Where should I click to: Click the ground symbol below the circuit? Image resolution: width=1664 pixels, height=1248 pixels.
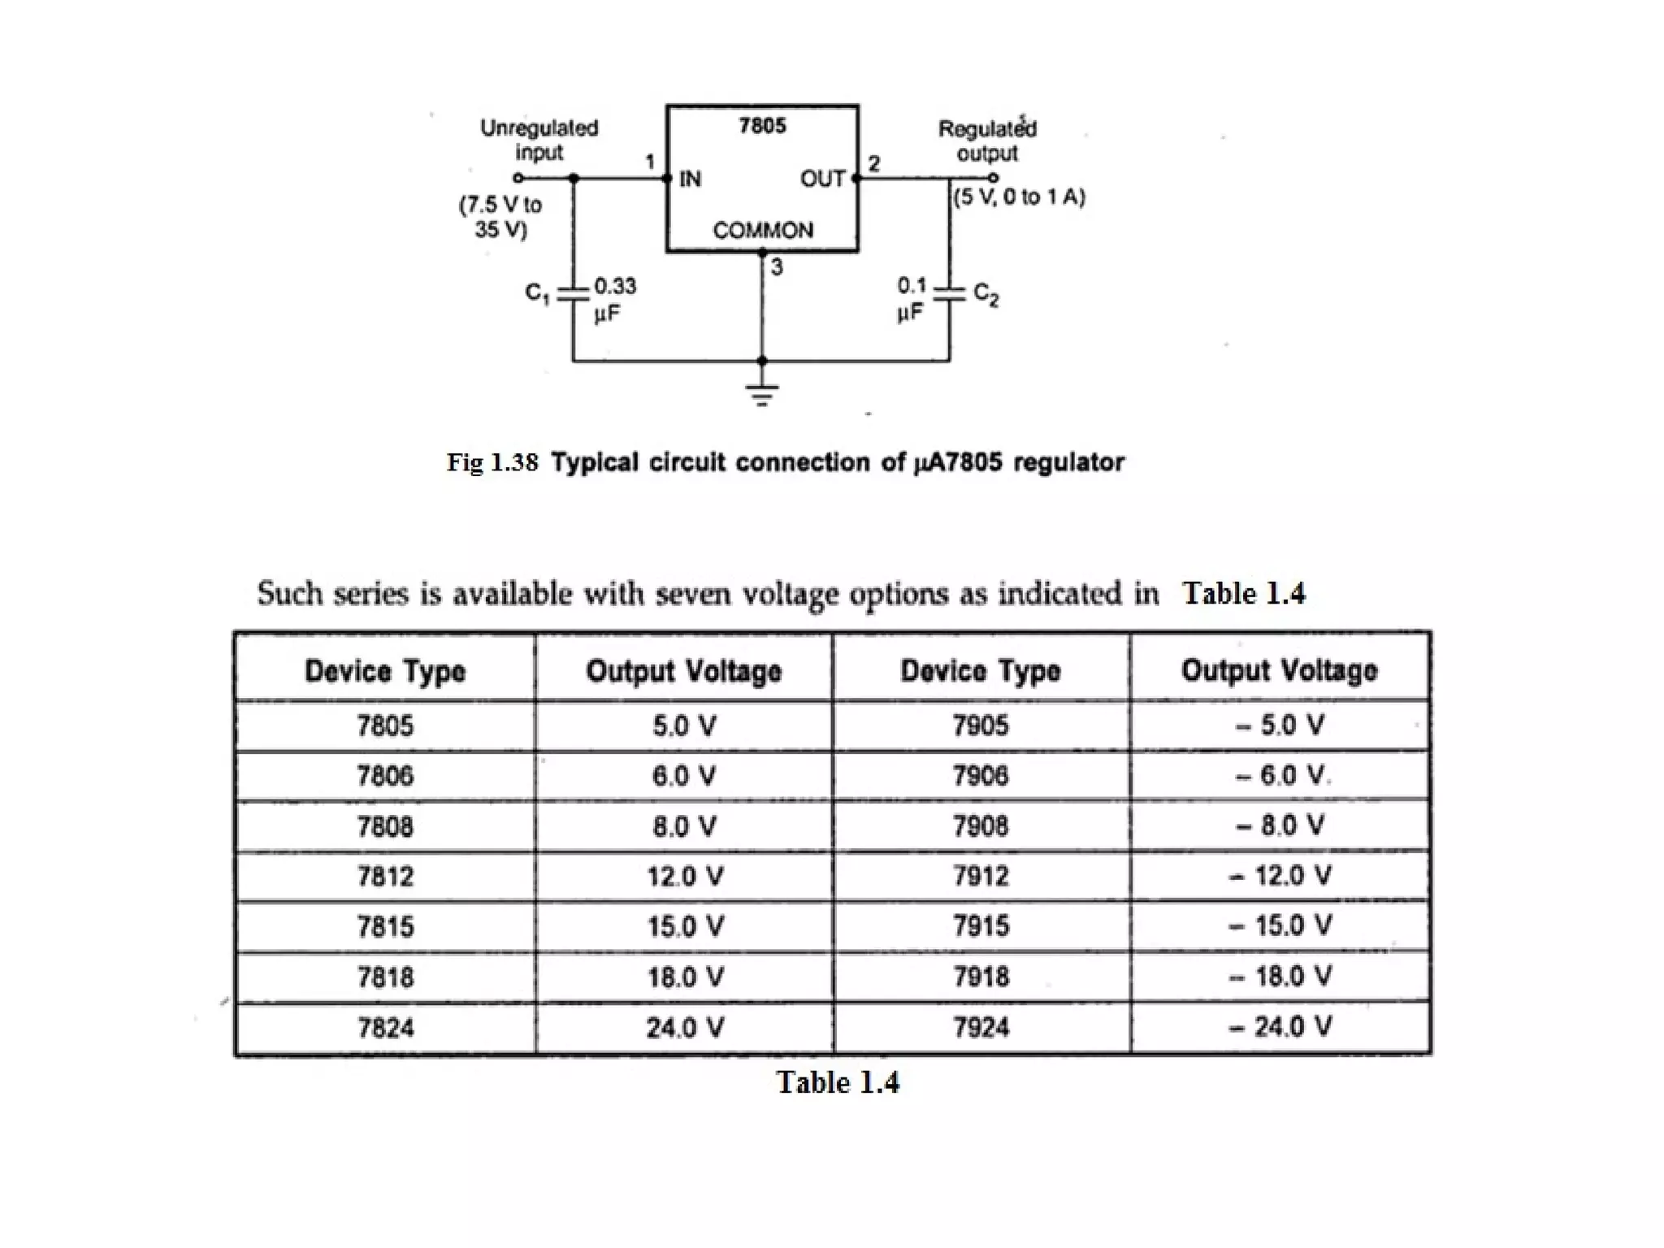(x=761, y=393)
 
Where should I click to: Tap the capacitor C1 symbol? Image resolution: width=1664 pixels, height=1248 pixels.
(x=574, y=293)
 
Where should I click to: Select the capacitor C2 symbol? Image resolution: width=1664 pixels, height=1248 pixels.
(x=948, y=293)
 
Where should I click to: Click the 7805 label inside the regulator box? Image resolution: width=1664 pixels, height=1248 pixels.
(x=762, y=126)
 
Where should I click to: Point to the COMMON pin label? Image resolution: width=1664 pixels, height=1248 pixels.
(x=762, y=231)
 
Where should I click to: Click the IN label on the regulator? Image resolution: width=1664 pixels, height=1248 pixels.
(x=690, y=179)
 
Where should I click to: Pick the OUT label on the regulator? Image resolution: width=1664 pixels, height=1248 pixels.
(x=822, y=179)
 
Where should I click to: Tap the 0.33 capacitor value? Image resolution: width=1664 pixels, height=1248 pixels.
(x=615, y=286)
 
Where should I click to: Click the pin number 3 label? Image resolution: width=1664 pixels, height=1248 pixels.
(x=777, y=267)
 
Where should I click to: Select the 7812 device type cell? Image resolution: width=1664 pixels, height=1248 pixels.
(x=385, y=877)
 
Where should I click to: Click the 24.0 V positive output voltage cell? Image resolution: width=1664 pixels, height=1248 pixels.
(x=684, y=1028)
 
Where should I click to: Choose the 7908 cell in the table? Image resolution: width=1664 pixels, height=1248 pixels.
(x=981, y=826)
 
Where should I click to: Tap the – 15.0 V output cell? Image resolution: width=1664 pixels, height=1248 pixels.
(x=1280, y=925)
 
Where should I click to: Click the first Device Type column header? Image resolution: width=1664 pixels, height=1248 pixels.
(x=385, y=671)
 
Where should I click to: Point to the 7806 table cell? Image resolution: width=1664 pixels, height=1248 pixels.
(x=385, y=776)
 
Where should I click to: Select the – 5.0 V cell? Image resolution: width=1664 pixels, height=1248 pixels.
(x=1280, y=725)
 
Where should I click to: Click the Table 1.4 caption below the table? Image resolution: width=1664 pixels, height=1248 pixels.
(x=838, y=1082)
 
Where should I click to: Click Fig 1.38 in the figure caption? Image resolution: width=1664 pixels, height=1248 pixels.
(x=492, y=462)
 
